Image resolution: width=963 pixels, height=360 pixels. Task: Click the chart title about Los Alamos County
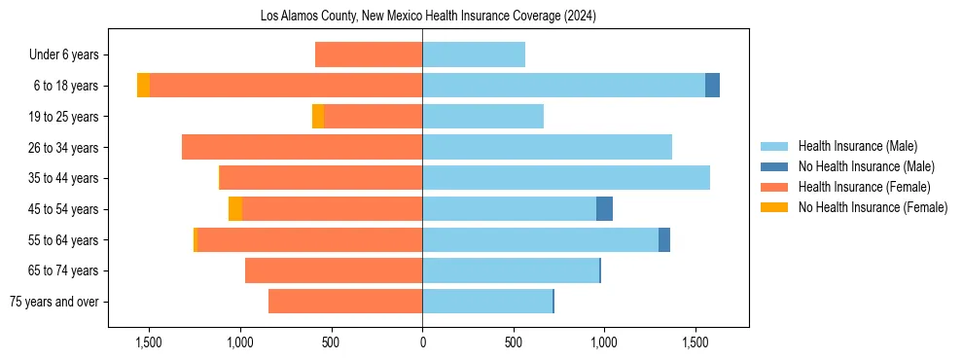point(428,17)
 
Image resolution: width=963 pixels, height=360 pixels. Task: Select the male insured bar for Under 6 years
point(474,55)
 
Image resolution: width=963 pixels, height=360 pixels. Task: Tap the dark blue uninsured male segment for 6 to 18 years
point(712,86)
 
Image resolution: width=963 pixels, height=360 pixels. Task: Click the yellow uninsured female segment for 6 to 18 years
point(143,86)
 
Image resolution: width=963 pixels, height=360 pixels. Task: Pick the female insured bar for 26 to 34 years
point(302,147)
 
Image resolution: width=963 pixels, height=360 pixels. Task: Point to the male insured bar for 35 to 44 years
point(566,178)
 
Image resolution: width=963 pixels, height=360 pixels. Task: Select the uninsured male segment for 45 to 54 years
point(604,209)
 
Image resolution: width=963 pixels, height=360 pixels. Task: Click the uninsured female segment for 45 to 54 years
point(235,209)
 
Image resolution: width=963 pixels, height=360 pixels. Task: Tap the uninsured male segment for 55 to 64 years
point(664,239)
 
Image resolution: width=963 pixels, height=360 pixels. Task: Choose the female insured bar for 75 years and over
point(345,302)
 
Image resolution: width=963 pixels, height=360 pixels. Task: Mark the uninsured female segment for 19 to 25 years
point(318,117)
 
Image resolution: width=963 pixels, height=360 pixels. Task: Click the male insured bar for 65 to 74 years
point(511,270)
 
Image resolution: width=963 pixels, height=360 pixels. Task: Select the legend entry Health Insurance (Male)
point(857,146)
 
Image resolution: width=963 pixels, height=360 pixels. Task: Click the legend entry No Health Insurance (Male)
point(866,166)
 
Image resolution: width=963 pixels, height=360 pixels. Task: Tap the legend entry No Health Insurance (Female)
point(873,207)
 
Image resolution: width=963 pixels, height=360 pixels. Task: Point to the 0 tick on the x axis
point(422,342)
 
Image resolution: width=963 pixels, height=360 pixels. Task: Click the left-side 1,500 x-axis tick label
point(149,342)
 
